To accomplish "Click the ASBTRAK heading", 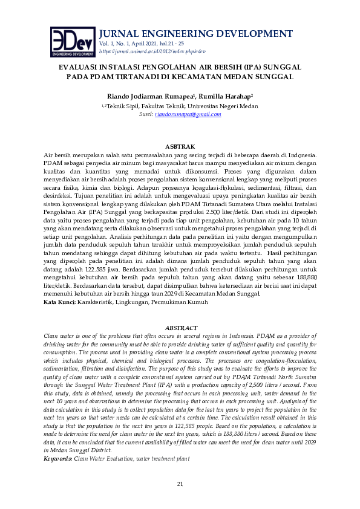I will pyautogui.click(x=180, y=147).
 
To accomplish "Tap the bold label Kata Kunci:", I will pyautogui.click(x=60, y=301).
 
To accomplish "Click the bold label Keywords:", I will pyautogui.click(x=58, y=459).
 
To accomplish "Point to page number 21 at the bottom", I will pyautogui.click(x=180, y=484).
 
